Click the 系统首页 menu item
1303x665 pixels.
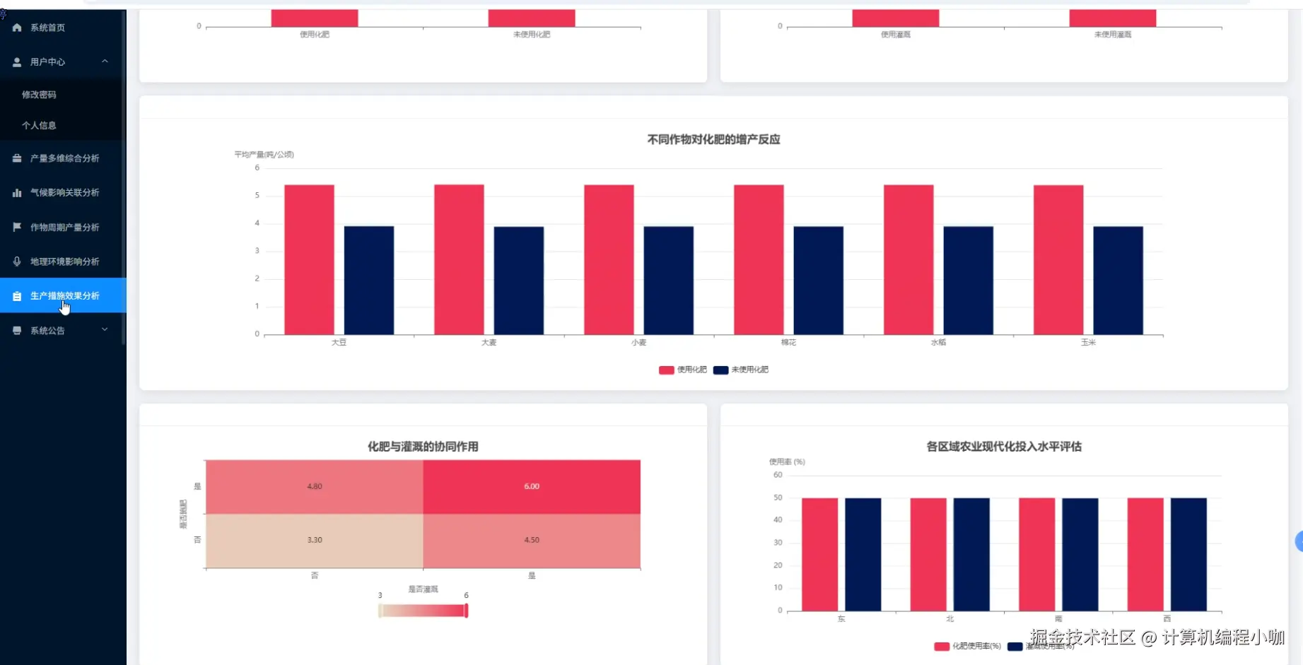(x=47, y=28)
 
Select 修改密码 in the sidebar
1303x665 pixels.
(x=39, y=95)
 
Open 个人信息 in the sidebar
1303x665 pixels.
(x=39, y=126)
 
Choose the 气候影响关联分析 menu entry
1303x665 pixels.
(x=64, y=193)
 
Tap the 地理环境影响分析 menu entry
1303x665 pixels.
(x=64, y=261)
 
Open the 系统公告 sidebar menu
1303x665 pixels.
(x=47, y=331)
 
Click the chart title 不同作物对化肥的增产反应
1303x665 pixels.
(x=713, y=140)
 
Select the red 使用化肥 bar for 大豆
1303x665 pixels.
(x=309, y=260)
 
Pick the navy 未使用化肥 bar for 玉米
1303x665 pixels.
(x=1118, y=281)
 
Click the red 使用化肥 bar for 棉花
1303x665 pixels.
(x=759, y=260)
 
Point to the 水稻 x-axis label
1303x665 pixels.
(x=938, y=343)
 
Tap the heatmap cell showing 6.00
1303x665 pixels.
(x=532, y=487)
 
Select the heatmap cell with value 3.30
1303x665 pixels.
(x=315, y=541)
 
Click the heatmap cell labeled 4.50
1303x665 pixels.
(x=532, y=541)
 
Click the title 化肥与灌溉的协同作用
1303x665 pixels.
(x=423, y=447)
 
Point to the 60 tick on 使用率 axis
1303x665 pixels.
(x=778, y=475)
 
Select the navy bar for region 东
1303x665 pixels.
(x=863, y=555)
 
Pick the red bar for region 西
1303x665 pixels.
(x=1145, y=555)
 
